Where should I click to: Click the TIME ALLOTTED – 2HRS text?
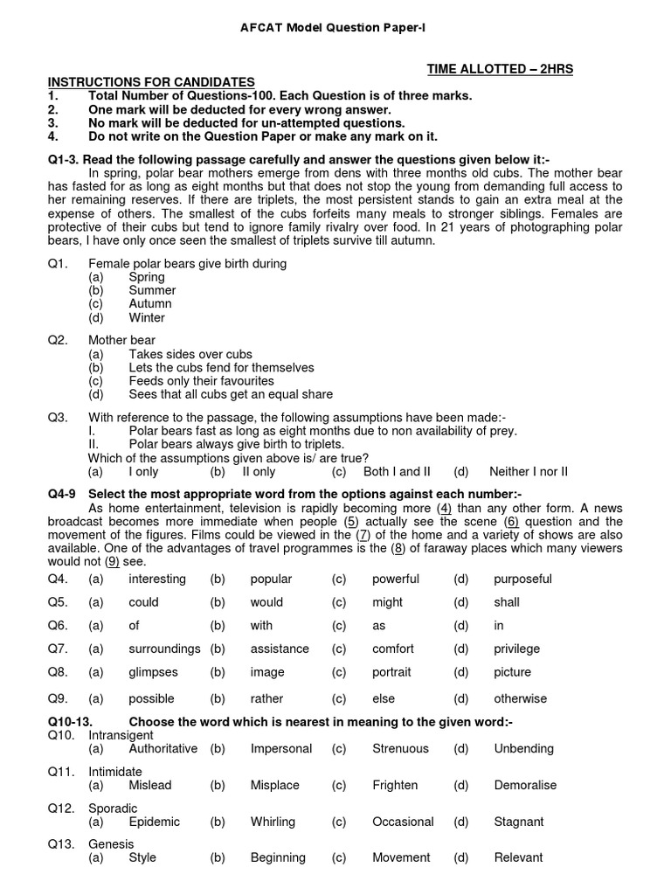click(x=500, y=69)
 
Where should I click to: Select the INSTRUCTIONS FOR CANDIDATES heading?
click(x=151, y=82)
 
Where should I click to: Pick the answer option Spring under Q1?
click(x=147, y=277)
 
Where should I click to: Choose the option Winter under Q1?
click(x=147, y=318)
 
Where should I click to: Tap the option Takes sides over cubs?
click(x=190, y=355)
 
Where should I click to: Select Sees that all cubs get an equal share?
click(x=231, y=395)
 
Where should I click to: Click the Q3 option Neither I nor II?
click(x=529, y=472)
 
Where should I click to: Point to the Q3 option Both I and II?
click(x=397, y=472)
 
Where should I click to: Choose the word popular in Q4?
click(x=271, y=579)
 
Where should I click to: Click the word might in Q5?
click(x=387, y=603)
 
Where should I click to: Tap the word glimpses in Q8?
click(x=153, y=673)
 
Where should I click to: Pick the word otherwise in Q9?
click(x=520, y=699)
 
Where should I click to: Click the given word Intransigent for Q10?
click(x=121, y=736)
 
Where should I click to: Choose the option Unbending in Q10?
click(x=523, y=749)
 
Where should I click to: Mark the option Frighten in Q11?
click(x=395, y=786)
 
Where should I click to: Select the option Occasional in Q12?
click(x=403, y=822)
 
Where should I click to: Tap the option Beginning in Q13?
click(x=278, y=858)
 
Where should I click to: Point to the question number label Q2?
click(x=58, y=341)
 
